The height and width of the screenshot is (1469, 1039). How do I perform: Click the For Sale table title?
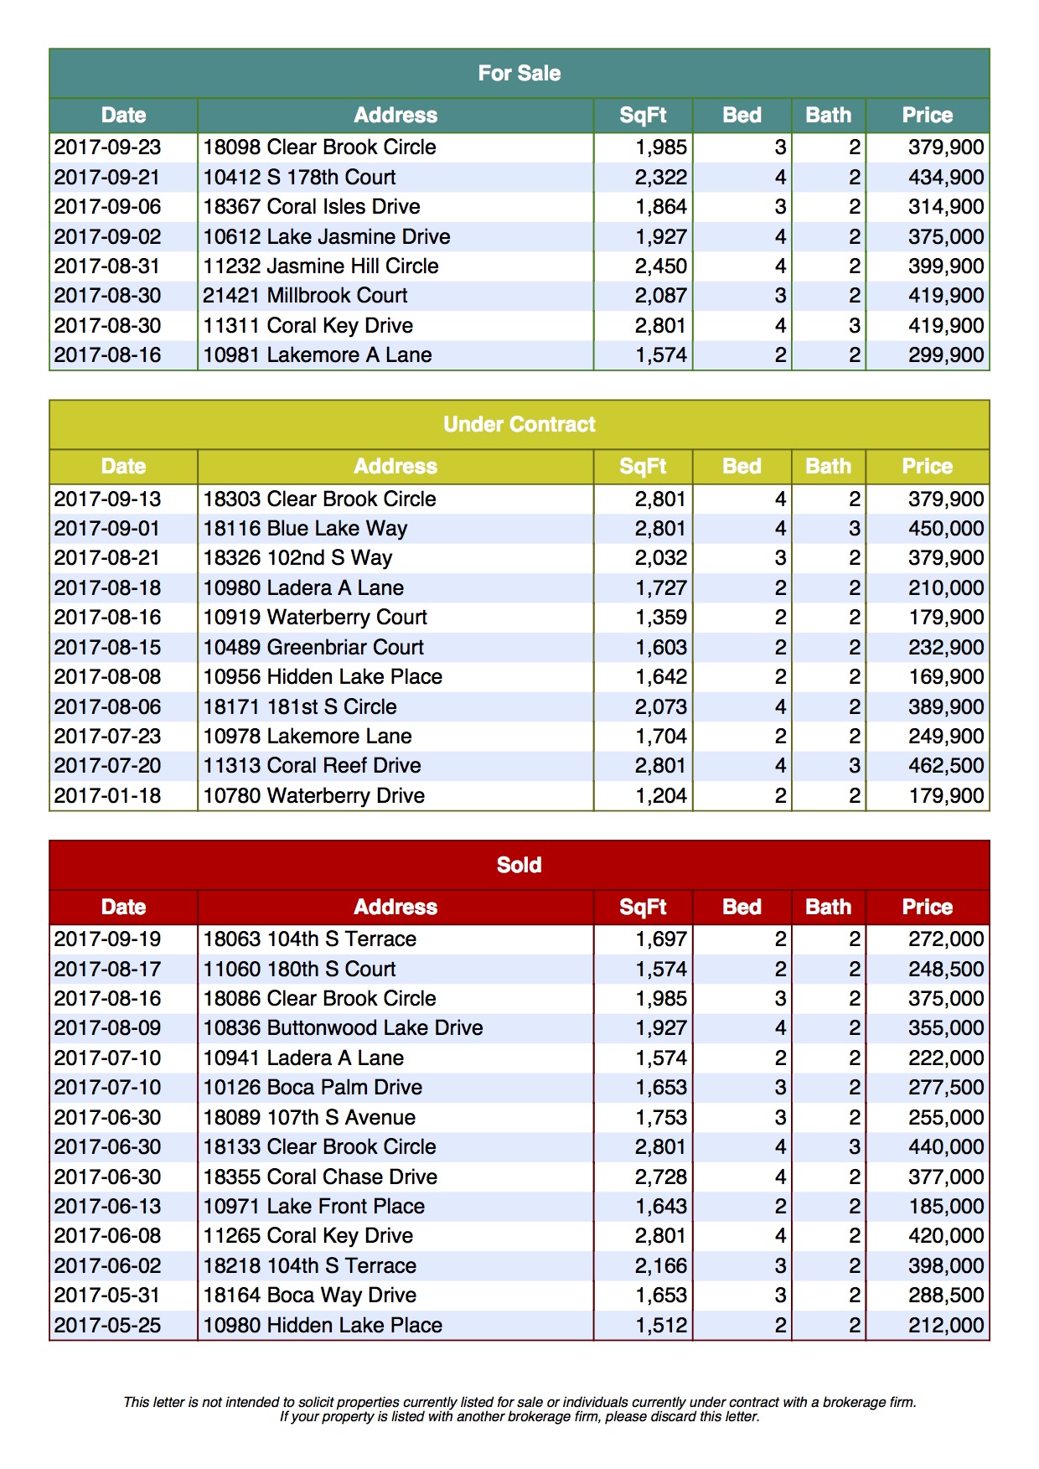pos(519,74)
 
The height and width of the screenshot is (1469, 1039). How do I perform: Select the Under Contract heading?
pos(519,425)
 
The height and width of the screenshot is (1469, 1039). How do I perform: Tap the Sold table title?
pos(519,865)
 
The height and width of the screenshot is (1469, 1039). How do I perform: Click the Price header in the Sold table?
pos(927,908)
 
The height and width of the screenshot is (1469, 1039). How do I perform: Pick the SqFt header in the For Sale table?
pos(643,116)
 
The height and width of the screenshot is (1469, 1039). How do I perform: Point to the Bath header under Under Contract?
pos(828,467)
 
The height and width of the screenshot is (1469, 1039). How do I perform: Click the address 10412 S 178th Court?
pos(299,178)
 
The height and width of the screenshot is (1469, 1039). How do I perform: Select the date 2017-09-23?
pos(107,147)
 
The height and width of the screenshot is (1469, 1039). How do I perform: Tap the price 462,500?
pos(946,766)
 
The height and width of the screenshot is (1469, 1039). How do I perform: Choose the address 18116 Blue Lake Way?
pos(305,529)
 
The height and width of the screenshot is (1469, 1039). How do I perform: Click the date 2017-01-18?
pos(107,796)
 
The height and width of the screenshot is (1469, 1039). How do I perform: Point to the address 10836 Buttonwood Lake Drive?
pos(343,1028)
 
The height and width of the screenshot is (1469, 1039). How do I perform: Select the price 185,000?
pos(946,1207)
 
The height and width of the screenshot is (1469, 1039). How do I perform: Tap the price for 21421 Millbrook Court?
pos(946,296)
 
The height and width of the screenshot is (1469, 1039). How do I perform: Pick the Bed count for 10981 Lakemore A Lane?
pos(780,355)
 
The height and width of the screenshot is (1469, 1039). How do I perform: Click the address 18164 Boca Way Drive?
pos(309,1296)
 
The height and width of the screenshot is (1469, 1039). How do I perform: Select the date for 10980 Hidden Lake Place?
pos(107,1326)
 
